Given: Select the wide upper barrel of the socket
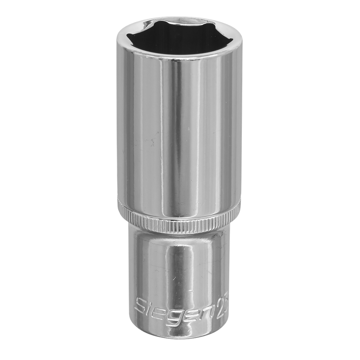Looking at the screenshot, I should [x=179, y=134].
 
